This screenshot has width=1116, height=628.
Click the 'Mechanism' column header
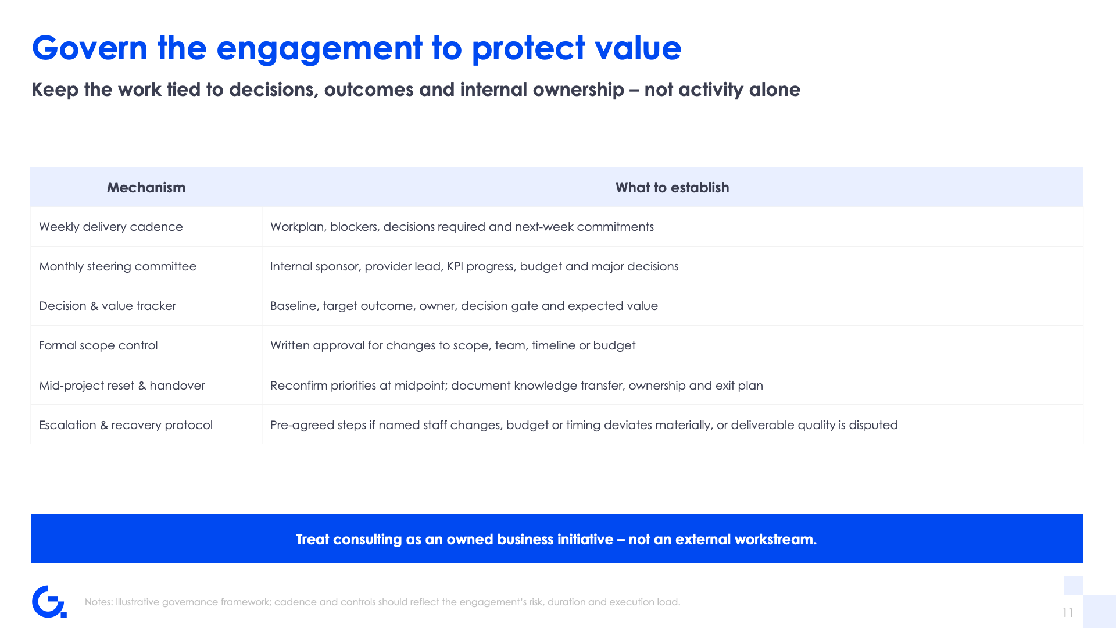tap(146, 188)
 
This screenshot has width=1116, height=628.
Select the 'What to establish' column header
tap(672, 188)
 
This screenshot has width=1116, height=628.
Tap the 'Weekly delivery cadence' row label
tap(110, 227)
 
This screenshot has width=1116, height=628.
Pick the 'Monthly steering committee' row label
tap(117, 266)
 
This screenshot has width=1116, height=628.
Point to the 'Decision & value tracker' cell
tap(108, 306)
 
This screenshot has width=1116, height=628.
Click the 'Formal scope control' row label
tap(98, 345)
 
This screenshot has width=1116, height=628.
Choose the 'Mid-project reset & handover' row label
tap(121, 386)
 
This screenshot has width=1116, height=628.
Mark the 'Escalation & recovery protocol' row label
tap(126, 425)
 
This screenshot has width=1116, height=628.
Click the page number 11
tap(1068, 613)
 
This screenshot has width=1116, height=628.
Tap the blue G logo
tap(49, 601)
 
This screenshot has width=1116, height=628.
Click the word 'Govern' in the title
tap(90, 48)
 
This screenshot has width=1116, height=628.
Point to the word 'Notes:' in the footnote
tap(99, 602)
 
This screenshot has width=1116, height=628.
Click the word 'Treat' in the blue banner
tap(313, 540)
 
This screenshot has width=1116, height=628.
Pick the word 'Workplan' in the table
tap(297, 227)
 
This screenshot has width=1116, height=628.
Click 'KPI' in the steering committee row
tap(455, 266)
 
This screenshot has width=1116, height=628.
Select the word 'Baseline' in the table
tap(294, 306)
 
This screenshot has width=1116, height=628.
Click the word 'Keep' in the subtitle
tap(55, 90)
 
